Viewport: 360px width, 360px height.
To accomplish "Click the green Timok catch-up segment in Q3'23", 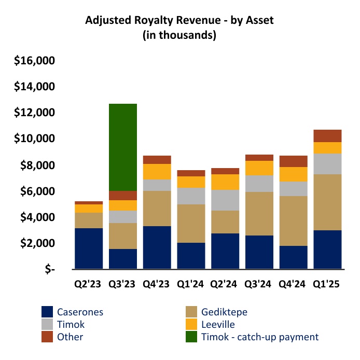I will click(123, 147).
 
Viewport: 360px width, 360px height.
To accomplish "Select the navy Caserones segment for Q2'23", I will click(89, 248).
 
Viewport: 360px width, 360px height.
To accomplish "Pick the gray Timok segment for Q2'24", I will click(225, 200).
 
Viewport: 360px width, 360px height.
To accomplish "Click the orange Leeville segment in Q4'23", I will click(157, 172).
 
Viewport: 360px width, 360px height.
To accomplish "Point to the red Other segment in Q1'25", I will click(328, 136).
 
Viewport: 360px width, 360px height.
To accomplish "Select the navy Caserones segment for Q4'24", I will click(294, 257).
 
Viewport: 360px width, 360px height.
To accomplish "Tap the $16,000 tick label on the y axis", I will click(35, 61).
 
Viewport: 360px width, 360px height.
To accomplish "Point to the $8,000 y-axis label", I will click(38, 165).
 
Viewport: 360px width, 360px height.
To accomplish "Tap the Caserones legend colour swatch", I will click(47, 312).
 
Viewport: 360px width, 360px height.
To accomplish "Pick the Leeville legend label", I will click(218, 324).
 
